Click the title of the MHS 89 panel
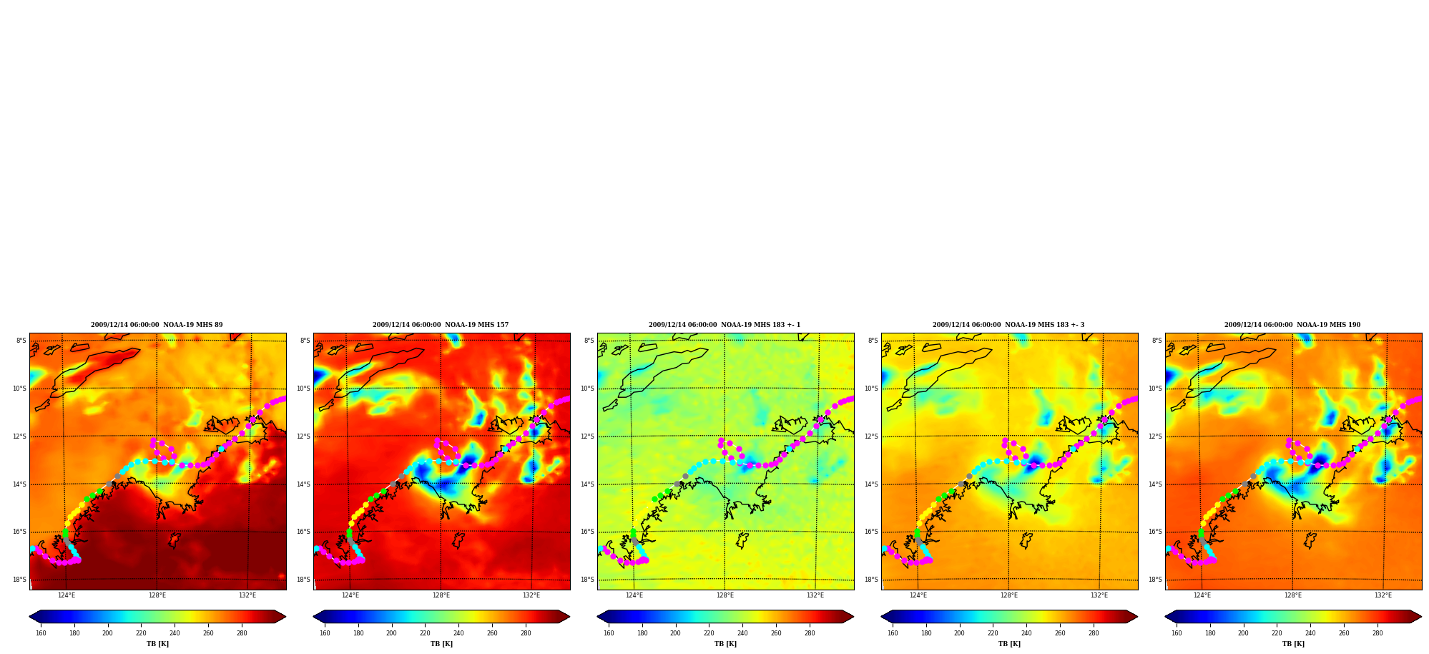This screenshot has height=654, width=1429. click(x=157, y=325)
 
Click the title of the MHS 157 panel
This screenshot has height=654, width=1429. click(x=441, y=325)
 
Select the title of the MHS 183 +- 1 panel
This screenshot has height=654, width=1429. click(x=725, y=325)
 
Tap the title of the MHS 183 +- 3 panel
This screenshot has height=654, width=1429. click(x=1008, y=325)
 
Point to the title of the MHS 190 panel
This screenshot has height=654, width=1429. click(x=1292, y=325)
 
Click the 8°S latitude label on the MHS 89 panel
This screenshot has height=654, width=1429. click(x=21, y=341)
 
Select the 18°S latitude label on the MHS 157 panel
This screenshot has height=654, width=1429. click(x=304, y=580)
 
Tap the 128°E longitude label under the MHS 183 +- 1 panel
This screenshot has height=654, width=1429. click(x=725, y=595)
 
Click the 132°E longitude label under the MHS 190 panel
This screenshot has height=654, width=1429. click(x=1383, y=595)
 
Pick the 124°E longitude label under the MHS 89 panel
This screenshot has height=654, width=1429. click(x=67, y=595)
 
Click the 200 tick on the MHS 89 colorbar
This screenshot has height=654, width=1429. click(x=107, y=633)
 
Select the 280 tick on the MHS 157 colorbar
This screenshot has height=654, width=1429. click(x=526, y=633)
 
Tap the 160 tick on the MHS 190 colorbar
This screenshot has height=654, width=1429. click(x=1177, y=633)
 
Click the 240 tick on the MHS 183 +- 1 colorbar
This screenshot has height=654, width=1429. click(x=742, y=633)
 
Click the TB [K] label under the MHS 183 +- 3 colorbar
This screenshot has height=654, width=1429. click(x=1009, y=644)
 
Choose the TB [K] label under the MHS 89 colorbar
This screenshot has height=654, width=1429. click(x=157, y=644)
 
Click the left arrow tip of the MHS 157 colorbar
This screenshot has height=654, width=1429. click(x=313, y=617)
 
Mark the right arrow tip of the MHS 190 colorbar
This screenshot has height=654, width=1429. click(x=1422, y=617)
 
